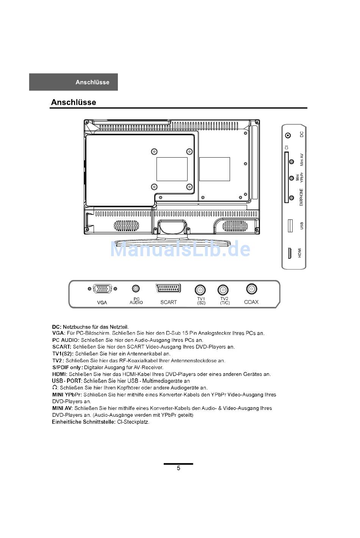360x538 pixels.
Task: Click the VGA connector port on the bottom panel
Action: click(102, 289)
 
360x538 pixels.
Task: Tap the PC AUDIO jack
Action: click(136, 289)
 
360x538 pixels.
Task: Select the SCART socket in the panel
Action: click(168, 288)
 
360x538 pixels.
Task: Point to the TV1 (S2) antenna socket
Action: click(200, 290)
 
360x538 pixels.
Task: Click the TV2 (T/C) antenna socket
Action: click(223, 290)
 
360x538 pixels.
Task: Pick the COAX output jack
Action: click(251, 289)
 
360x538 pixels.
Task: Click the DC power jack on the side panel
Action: click(288, 135)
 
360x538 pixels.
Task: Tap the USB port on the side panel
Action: click(291, 225)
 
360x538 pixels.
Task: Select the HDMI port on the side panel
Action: click(290, 253)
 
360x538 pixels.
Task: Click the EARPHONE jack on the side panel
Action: click(291, 197)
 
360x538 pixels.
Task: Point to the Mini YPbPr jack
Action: click(291, 178)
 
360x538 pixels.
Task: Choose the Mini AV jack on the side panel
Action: click(291, 162)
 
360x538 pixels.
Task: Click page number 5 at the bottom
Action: click(178, 468)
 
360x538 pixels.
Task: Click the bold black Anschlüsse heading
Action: click(74, 102)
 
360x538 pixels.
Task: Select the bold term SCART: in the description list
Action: click(62, 347)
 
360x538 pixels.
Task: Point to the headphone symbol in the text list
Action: click(55, 388)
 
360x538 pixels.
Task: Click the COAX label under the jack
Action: click(251, 302)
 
